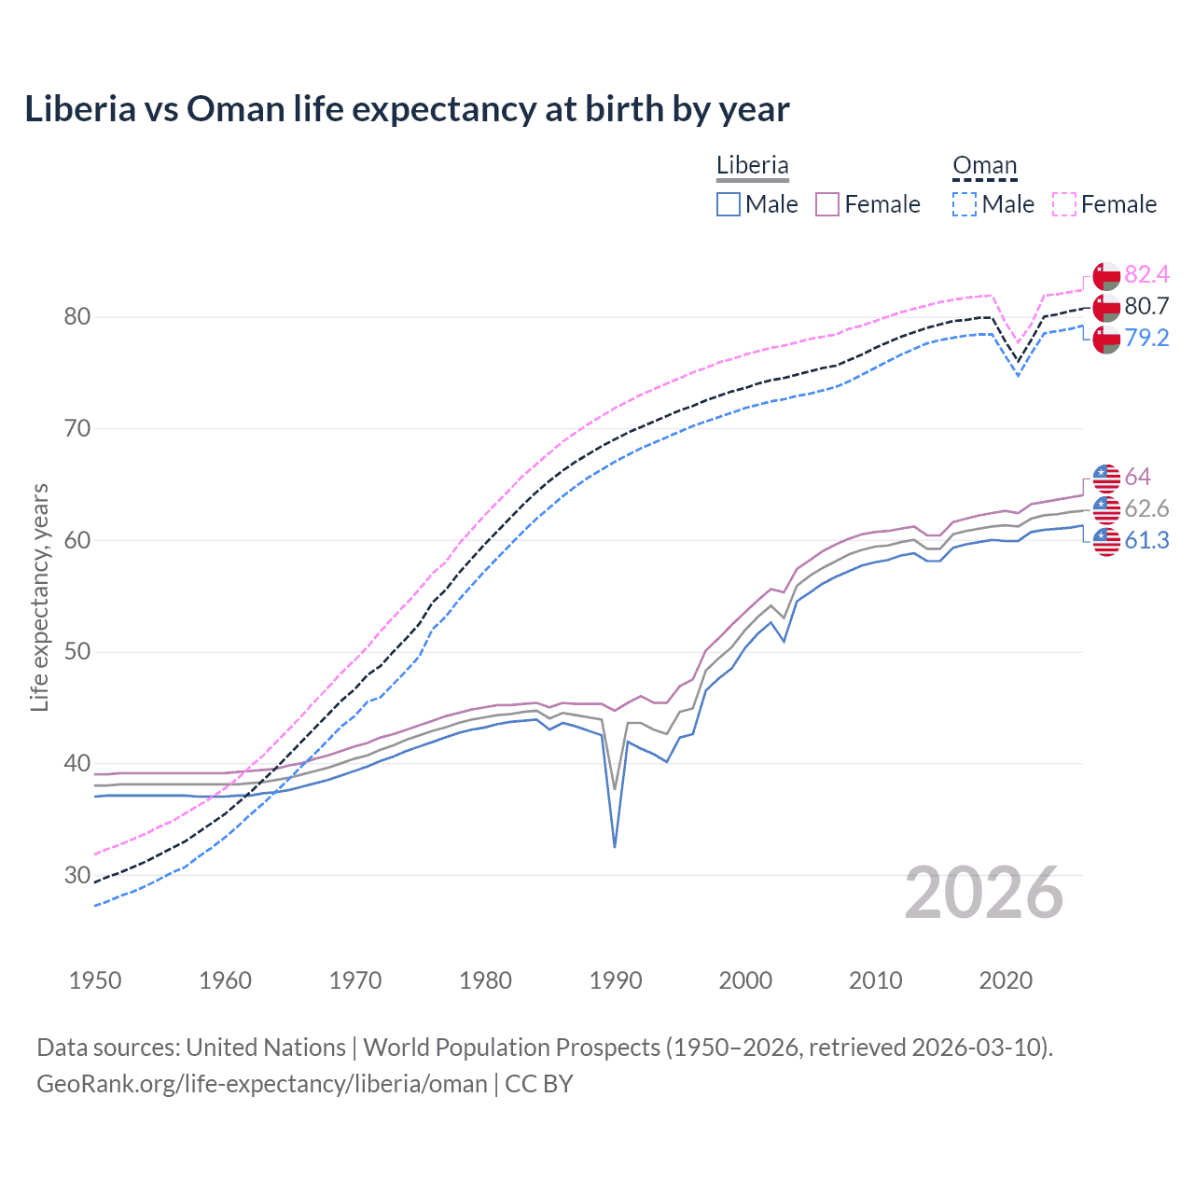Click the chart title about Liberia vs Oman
pyautogui.click(x=407, y=109)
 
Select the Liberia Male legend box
pyautogui.click(x=729, y=204)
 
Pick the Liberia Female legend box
pyautogui.click(x=827, y=204)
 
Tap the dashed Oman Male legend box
pyautogui.click(x=965, y=204)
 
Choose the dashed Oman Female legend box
pyautogui.click(x=1064, y=204)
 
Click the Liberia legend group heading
pyautogui.click(x=752, y=165)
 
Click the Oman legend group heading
pyautogui.click(x=984, y=165)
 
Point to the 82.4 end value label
pyautogui.click(x=1146, y=274)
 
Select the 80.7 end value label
pyautogui.click(x=1146, y=306)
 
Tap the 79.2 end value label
pyautogui.click(x=1146, y=338)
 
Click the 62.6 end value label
pyautogui.click(x=1146, y=508)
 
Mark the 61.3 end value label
pyautogui.click(x=1146, y=540)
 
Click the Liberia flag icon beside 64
pyautogui.click(x=1106, y=477)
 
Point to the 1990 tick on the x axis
pyautogui.click(x=616, y=980)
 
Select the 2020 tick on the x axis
pyautogui.click(x=1006, y=980)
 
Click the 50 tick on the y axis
pyautogui.click(x=77, y=651)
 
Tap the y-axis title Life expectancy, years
pyautogui.click(x=39, y=597)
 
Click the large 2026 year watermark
pyautogui.click(x=984, y=893)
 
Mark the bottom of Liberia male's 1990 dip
pyautogui.click(x=615, y=846)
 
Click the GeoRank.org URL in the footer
pyautogui.click(x=262, y=1083)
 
